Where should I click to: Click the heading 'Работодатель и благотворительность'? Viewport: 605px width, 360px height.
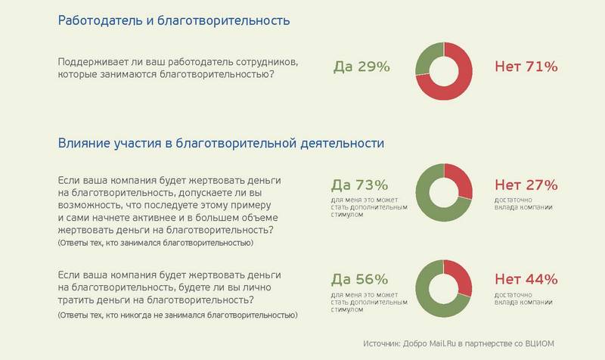(173, 20)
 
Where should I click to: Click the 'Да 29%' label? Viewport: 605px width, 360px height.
(361, 67)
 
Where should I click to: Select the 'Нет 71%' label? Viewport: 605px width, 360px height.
(526, 67)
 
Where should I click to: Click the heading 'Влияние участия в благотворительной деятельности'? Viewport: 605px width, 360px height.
(221, 142)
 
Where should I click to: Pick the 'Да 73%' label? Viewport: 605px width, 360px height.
(359, 185)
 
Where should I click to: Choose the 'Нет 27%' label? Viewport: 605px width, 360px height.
(526, 185)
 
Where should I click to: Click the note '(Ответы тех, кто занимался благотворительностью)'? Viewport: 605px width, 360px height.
(155, 243)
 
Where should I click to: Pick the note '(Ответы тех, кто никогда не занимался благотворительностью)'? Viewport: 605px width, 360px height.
(177, 314)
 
